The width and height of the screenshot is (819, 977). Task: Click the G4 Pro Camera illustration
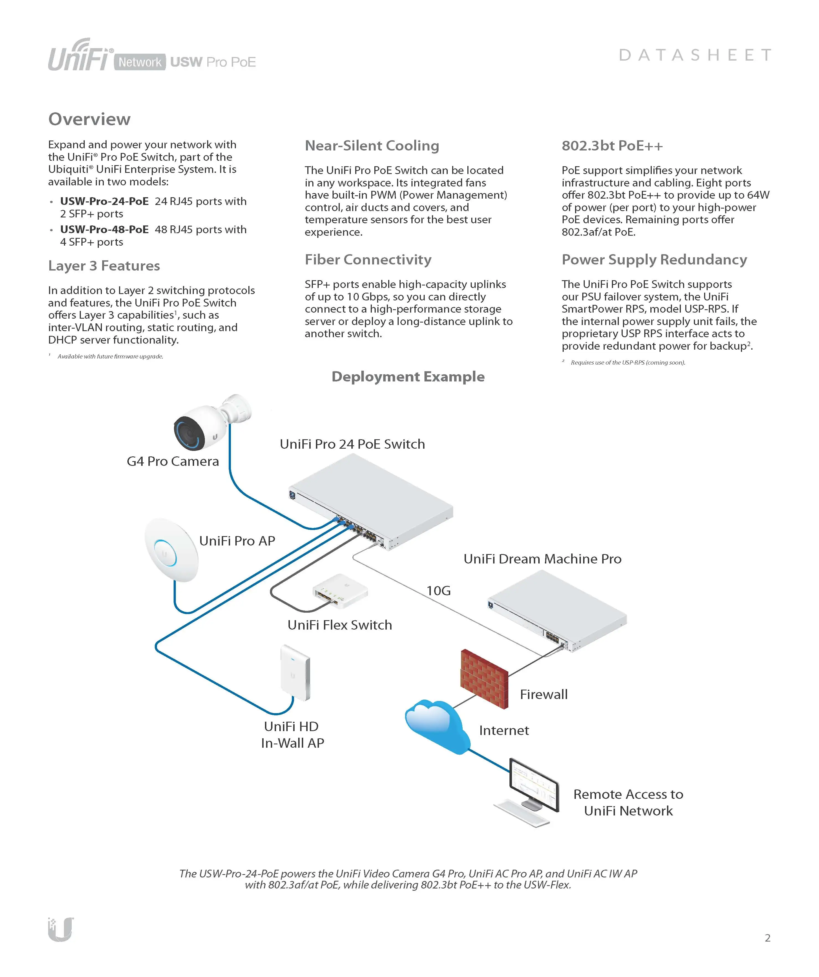tap(205, 426)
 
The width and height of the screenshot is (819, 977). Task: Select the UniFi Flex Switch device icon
tap(340, 591)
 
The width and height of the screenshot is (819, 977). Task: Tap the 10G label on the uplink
tap(439, 591)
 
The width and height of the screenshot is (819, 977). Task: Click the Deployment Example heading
tap(408, 376)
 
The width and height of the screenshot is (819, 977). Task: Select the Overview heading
tap(89, 119)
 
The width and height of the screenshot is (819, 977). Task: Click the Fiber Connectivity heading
tap(368, 260)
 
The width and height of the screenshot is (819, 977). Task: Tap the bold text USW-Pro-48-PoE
tap(104, 230)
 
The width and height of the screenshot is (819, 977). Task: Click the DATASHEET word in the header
tap(695, 55)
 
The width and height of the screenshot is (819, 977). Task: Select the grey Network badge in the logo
tap(140, 62)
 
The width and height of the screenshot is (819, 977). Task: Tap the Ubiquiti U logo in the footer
tap(61, 929)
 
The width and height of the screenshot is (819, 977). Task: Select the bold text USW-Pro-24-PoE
tap(104, 201)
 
